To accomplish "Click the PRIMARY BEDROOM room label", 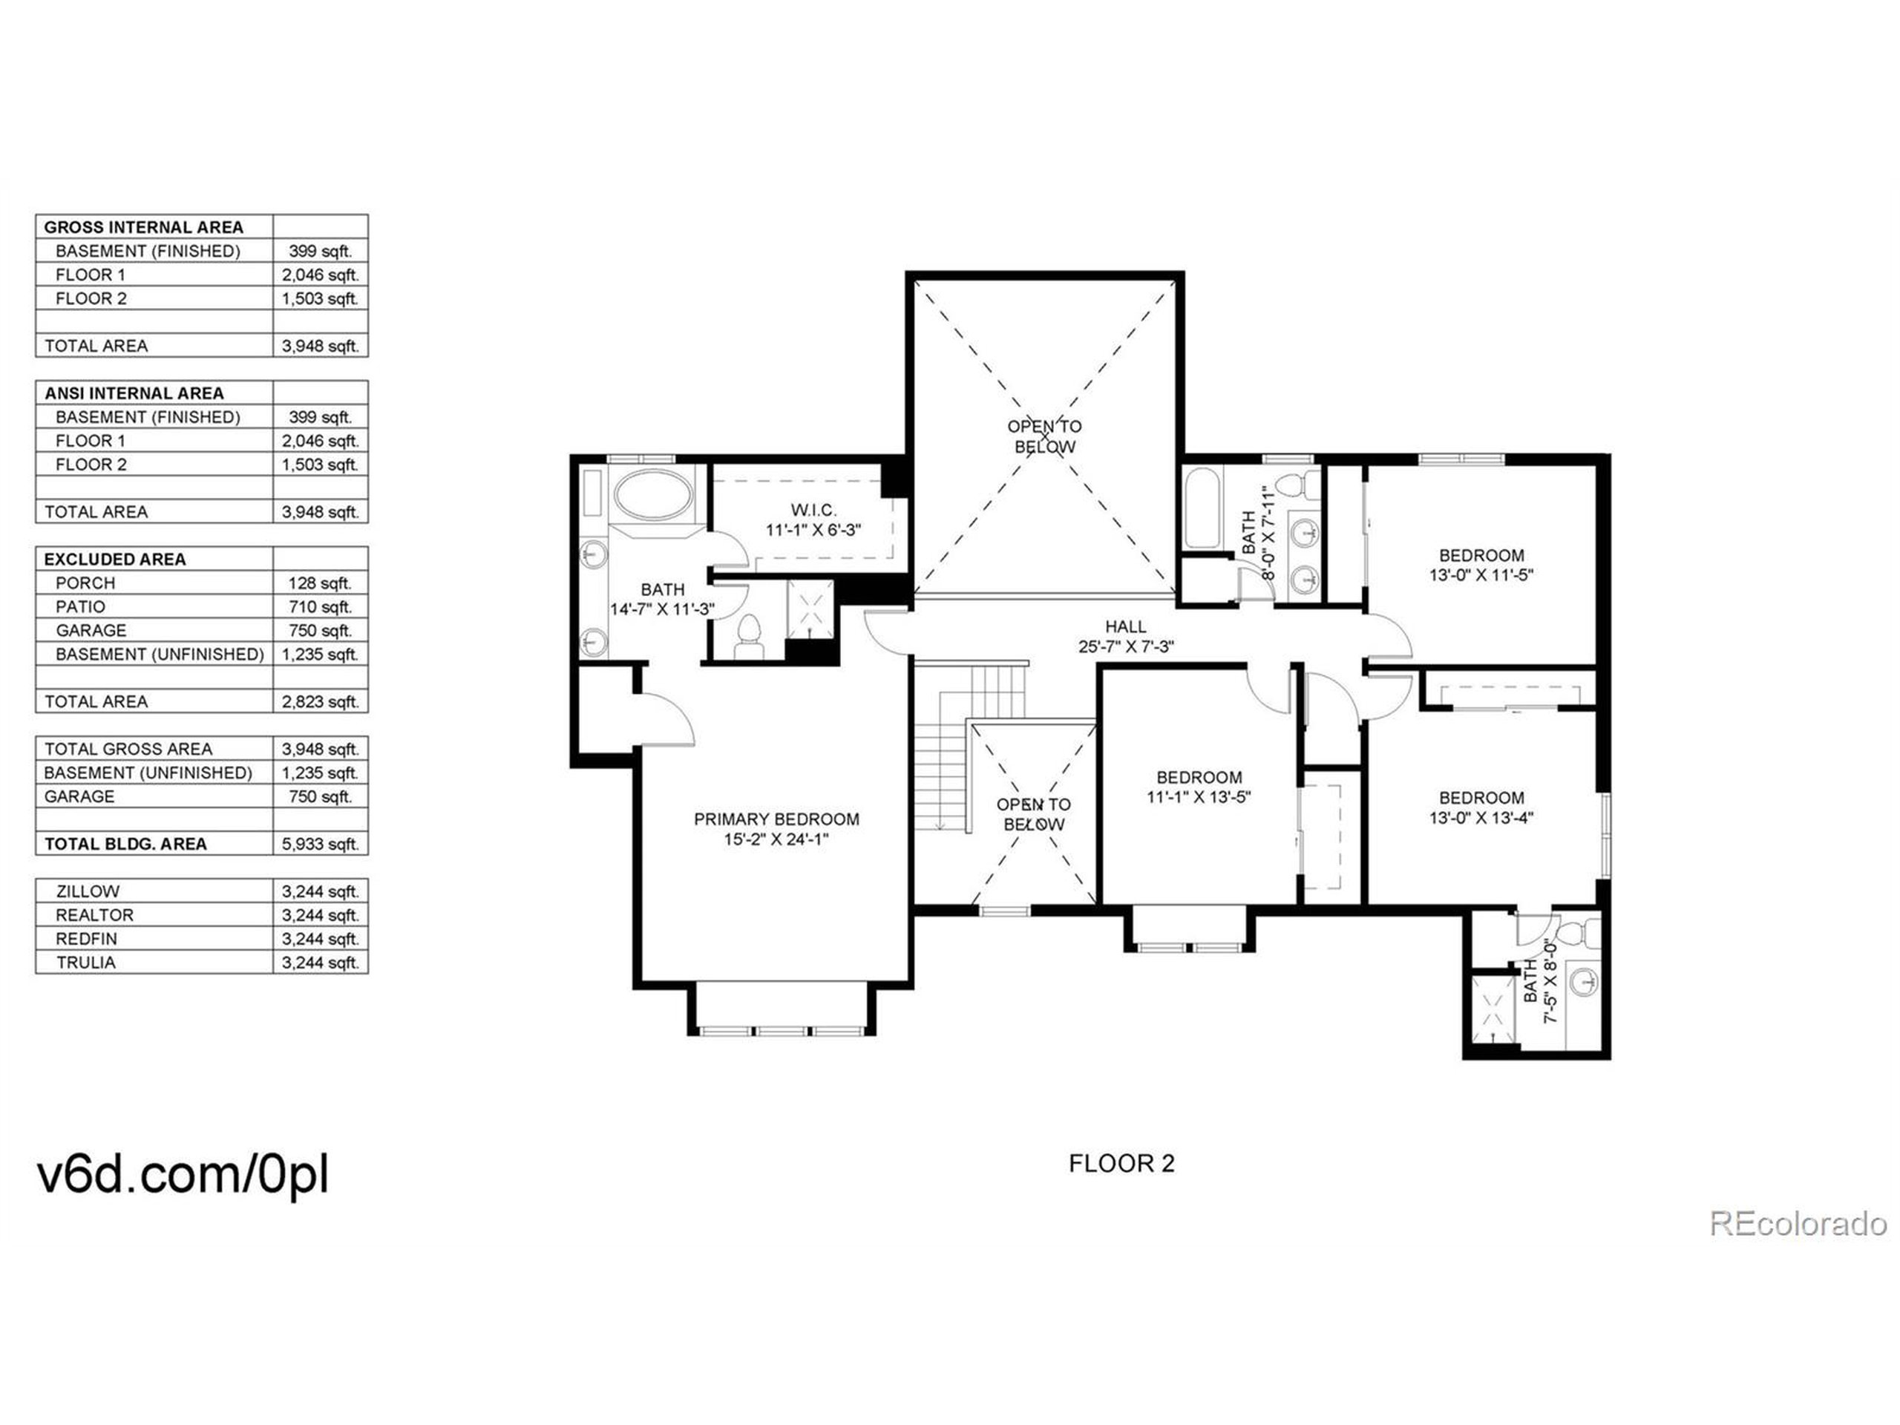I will pyautogui.click(x=776, y=819).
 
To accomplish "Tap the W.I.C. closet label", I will pyautogui.click(x=813, y=510).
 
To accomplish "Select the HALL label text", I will pyautogui.click(x=1125, y=627).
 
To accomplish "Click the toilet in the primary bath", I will pyautogui.click(x=750, y=635).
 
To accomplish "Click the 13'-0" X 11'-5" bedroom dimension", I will pyautogui.click(x=1481, y=575).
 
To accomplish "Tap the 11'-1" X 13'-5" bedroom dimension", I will pyautogui.click(x=1198, y=797).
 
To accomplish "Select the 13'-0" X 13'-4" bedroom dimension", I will pyautogui.click(x=1481, y=818).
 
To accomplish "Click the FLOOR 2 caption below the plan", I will pyautogui.click(x=1121, y=1163).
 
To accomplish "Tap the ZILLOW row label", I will pyautogui.click(x=88, y=891).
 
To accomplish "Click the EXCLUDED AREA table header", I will pyautogui.click(x=114, y=559).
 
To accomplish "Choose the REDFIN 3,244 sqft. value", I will pyautogui.click(x=320, y=939).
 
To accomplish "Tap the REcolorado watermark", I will pyautogui.click(x=1797, y=1224).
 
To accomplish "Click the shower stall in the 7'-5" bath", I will pyautogui.click(x=1495, y=1010).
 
